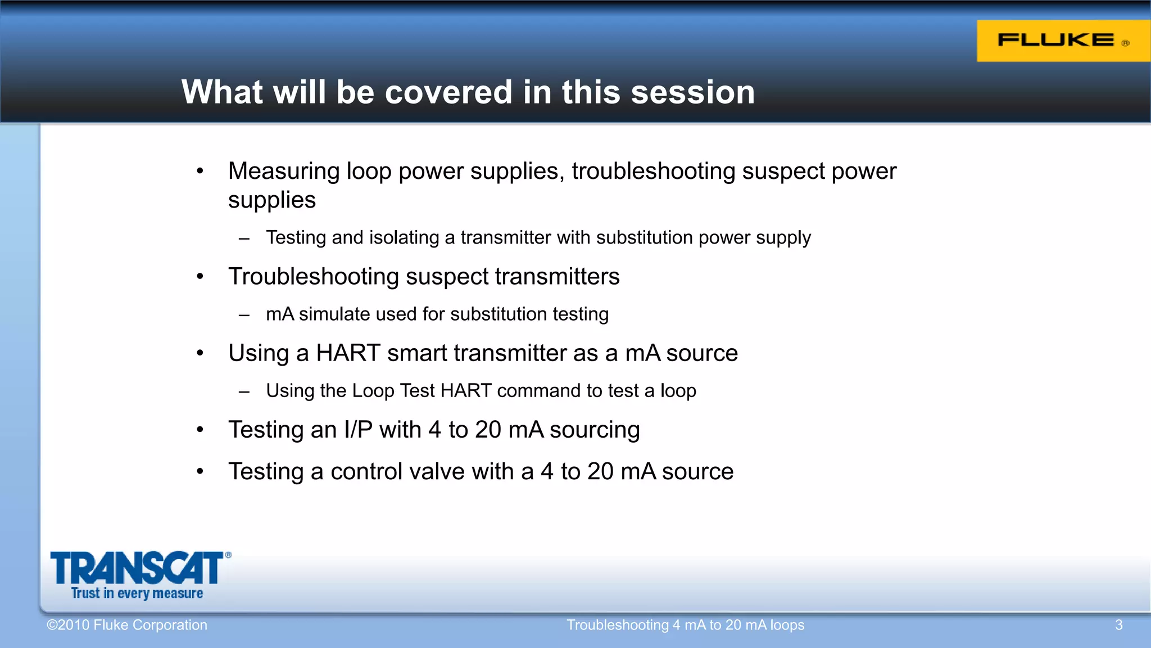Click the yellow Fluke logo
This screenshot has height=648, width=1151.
coord(1062,40)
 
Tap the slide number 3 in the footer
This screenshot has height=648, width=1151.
coord(1118,625)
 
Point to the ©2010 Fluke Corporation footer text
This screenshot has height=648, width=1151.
coord(127,625)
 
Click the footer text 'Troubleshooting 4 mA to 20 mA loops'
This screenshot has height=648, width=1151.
coord(685,625)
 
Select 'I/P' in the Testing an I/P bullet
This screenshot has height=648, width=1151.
coord(358,430)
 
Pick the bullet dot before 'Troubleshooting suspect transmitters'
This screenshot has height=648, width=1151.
coord(200,277)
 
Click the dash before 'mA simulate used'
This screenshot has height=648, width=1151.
coord(244,315)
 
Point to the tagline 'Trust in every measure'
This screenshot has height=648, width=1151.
coord(137,593)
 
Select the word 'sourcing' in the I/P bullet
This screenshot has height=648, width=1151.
coord(595,430)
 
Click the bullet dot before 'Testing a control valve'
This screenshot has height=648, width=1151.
coord(200,471)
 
